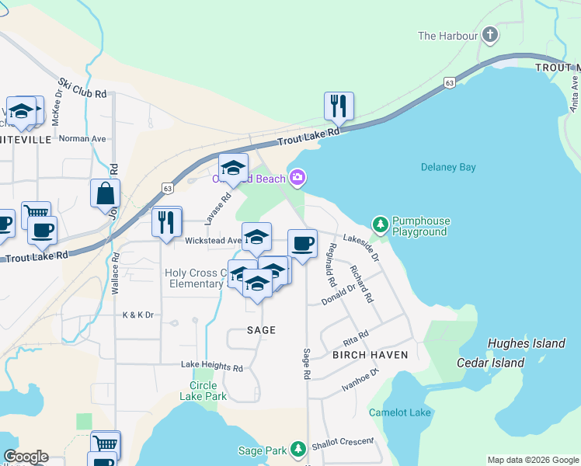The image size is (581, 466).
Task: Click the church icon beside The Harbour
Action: click(489, 35)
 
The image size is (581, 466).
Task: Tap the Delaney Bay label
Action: click(447, 167)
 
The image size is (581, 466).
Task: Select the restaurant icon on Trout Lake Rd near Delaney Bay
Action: click(339, 106)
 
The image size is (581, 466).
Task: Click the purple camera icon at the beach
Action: click(297, 179)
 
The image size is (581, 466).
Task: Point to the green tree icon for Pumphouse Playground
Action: click(380, 225)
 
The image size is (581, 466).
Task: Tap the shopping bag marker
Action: click(105, 194)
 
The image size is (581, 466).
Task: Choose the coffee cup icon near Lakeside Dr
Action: click(302, 244)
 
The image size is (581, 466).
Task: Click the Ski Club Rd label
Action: click(82, 88)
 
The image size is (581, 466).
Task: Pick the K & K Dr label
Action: click(138, 315)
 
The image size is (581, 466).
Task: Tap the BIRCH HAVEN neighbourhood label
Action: click(370, 355)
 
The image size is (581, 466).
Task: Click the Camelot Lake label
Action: click(399, 412)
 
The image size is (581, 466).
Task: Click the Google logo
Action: click(26, 457)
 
